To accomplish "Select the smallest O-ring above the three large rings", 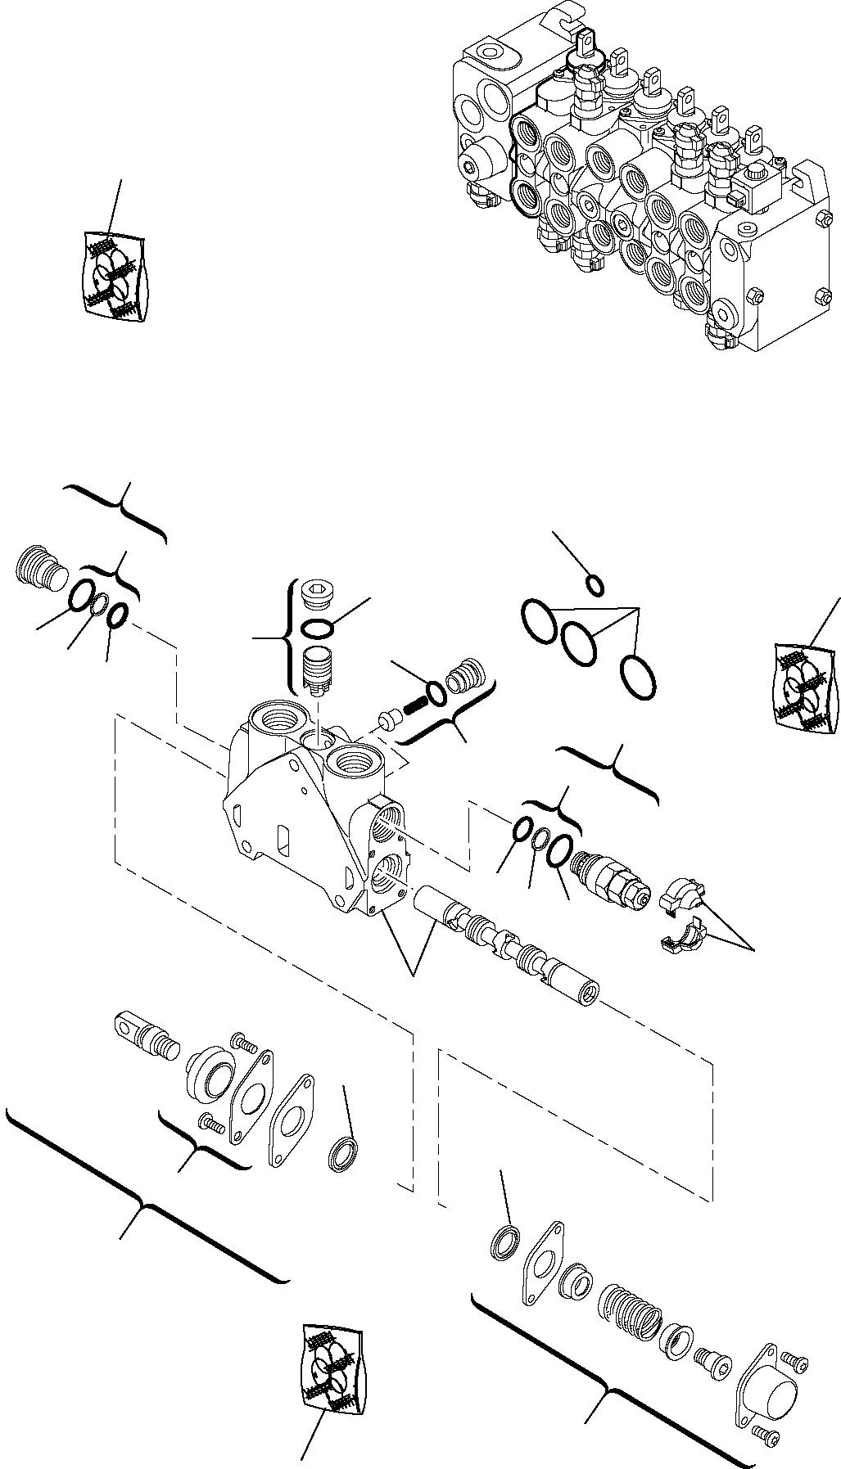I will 597,586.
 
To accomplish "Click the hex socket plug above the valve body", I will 314,594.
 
